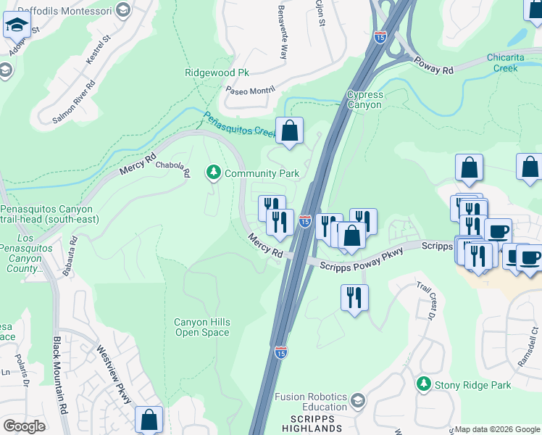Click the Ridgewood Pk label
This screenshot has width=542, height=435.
coord(217,73)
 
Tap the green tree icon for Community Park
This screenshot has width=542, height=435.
coord(213,173)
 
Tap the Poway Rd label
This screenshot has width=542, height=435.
coord(433,64)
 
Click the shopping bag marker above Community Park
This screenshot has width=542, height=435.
coord(289,131)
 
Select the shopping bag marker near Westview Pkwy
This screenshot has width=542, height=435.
coord(149,419)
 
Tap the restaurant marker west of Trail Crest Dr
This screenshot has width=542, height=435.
coord(354,298)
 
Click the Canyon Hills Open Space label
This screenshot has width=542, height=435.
coord(202,328)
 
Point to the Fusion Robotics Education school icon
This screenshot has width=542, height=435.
coord(357,400)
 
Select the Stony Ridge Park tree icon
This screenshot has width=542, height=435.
coord(424,384)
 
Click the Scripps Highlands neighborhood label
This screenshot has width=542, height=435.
coord(314,424)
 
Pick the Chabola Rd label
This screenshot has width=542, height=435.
coord(173,168)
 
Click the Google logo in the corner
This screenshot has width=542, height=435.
coord(24,426)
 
